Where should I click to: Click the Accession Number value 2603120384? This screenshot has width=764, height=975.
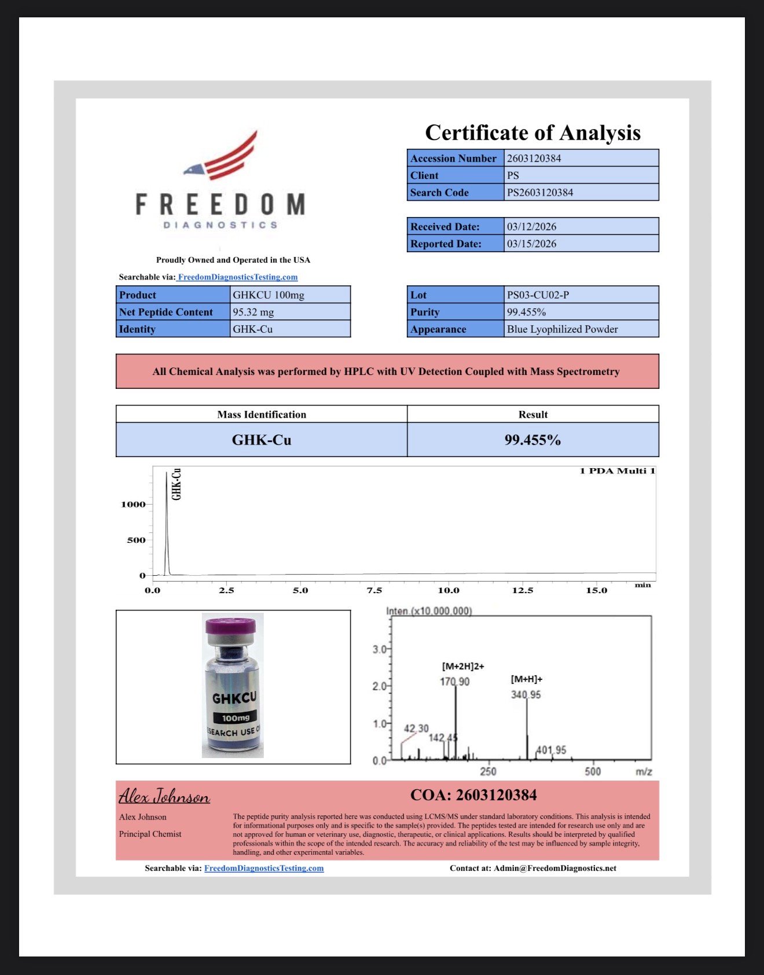(x=534, y=158)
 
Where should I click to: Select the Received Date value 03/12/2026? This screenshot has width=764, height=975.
(x=531, y=226)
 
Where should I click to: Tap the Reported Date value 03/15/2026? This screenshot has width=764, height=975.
(x=531, y=244)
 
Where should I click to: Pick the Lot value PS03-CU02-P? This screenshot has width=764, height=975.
(x=538, y=295)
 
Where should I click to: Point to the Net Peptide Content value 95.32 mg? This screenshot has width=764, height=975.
(x=254, y=312)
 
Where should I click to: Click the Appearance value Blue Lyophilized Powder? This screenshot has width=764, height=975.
(x=562, y=329)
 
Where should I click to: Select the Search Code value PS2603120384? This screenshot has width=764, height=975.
(x=540, y=192)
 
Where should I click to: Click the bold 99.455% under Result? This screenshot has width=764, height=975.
(x=532, y=440)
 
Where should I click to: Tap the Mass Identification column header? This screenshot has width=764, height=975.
(x=262, y=414)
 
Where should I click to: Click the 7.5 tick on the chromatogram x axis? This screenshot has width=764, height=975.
(x=374, y=590)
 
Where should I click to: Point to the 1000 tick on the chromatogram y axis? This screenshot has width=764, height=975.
(x=133, y=505)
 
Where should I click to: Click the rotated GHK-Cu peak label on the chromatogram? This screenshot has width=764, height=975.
(x=177, y=484)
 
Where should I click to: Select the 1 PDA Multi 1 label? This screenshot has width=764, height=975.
(x=617, y=471)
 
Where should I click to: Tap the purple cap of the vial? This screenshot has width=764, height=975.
(x=232, y=626)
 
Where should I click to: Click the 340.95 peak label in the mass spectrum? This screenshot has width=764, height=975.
(x=526, y=694)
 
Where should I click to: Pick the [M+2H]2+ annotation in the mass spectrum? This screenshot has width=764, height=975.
(x=463, y=666)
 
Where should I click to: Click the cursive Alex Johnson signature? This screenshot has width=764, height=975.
(x=164, y=797)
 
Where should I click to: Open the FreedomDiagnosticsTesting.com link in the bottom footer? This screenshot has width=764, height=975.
(x=264, y=868)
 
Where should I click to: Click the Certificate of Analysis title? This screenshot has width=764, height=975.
(x=532, y=133)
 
